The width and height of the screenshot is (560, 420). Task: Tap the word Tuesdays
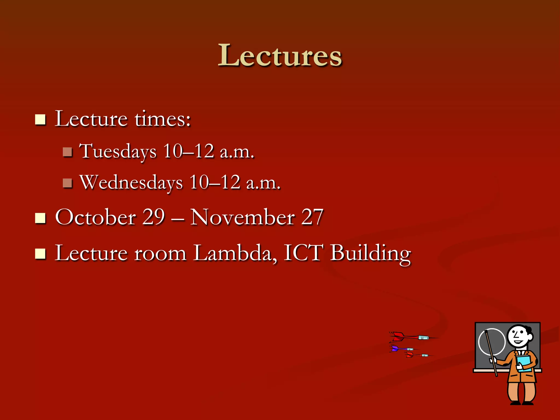[118, 151]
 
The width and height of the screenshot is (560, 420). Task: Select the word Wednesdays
[131, 182]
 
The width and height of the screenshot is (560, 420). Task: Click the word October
[95, 217]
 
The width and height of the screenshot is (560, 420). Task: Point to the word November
[242, 217]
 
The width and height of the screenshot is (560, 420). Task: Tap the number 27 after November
[312, 217]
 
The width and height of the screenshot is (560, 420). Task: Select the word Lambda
[233, 253]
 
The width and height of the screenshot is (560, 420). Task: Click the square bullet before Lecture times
[40, 119]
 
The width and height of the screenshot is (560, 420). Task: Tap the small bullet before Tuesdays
[67, 152]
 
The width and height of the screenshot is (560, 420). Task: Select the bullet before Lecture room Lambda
[40, 253]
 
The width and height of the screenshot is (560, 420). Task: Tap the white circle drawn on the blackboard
[491, 342]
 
